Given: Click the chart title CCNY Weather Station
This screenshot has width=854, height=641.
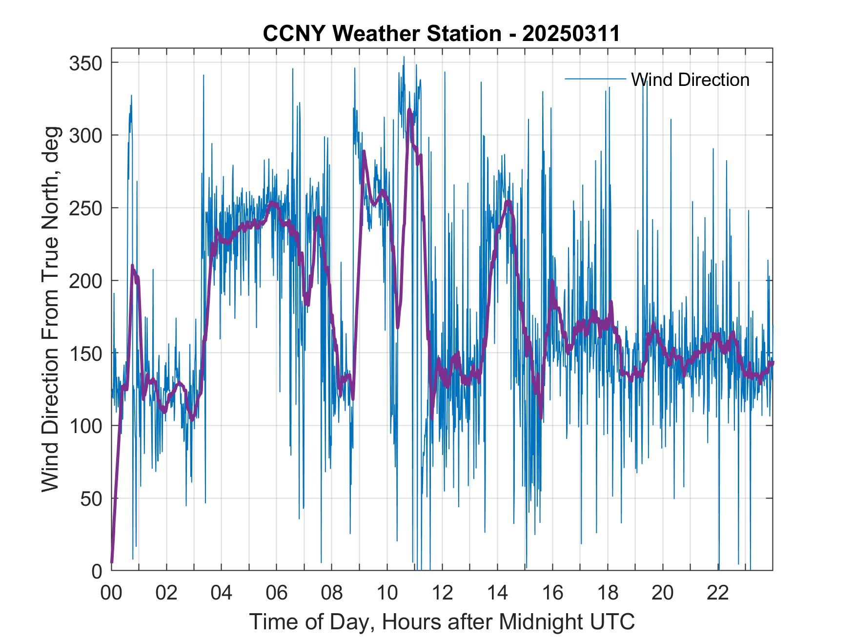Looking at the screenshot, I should (441, 34).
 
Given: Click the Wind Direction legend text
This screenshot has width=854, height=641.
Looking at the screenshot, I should (690, 80).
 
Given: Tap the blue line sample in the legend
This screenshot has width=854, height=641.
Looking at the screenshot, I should (595, 79).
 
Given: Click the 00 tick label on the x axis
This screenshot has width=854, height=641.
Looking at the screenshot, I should (111, 593).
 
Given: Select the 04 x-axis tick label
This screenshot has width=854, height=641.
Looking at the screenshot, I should (222, 593).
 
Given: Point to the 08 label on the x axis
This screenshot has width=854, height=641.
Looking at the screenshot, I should (332, 593).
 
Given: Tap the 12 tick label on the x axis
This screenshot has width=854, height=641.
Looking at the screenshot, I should (442, 593).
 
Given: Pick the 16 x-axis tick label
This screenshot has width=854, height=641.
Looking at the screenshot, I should (552, 593).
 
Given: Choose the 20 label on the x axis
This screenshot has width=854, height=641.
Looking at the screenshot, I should (663, 593).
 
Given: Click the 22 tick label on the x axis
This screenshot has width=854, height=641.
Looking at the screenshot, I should (718, 593).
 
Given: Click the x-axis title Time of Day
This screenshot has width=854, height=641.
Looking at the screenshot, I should (442, 621).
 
